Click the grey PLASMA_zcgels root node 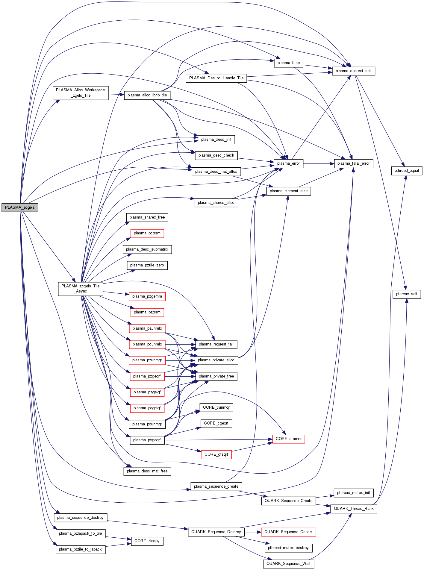pos(20,207)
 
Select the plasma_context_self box pos(353,71)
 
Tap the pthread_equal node pos(407,171)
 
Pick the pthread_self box pos(407,294)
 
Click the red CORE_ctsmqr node pos(288,439)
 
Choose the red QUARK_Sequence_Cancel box pos(288,532)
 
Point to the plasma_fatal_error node pos(353,163)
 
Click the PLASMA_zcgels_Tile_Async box pos(80,289)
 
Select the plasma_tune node pos(288,63)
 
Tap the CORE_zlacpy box pos(147,541)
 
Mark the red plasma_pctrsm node pos(147,233)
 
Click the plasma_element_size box pos(288,191)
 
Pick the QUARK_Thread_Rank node pos(353,509)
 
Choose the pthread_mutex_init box pos(353,493)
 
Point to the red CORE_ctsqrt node pos(216,454)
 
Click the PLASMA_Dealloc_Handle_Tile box pos(216,78)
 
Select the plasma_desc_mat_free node pos(147,471)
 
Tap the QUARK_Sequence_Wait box pos(288,564)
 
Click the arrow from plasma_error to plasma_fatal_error pos(319,164)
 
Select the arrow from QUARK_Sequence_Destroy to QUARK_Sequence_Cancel pos(253,532)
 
